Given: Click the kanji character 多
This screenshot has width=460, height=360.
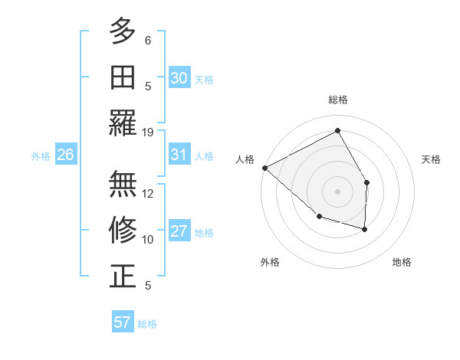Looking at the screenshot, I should point(123,31).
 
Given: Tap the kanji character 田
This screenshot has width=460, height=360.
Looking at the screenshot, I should point(123,77).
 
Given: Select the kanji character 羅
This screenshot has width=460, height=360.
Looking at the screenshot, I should point(123,123).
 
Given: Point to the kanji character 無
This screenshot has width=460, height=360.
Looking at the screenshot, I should point(123,184).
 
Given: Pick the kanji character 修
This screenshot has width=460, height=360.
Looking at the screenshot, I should point(123,230).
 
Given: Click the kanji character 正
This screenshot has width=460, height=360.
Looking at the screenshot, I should point(123,276).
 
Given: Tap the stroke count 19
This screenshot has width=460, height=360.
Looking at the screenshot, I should point(148,132).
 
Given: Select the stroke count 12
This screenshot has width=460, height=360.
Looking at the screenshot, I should point(148,193).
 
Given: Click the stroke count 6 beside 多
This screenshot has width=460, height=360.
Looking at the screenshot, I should point(148,40).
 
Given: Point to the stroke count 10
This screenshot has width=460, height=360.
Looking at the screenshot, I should point(148,239).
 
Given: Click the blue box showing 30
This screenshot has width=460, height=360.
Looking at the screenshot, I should point(179,78).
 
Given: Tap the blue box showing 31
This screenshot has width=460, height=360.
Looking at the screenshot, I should point(179,155).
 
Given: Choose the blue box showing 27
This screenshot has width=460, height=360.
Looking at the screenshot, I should point(179,231).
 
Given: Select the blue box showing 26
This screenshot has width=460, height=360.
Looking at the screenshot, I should point(66,155).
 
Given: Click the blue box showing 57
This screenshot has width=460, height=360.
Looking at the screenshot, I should point(123,322).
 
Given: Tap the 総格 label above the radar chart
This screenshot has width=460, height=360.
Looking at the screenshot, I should point(337,100).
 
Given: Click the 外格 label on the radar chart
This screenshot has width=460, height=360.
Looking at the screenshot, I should point(270,262).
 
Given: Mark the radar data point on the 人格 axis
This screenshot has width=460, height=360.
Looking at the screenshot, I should point(264,168).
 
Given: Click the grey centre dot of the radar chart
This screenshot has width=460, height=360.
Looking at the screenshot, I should point(337,191).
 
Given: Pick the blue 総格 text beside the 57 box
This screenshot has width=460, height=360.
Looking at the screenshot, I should point(147,324).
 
